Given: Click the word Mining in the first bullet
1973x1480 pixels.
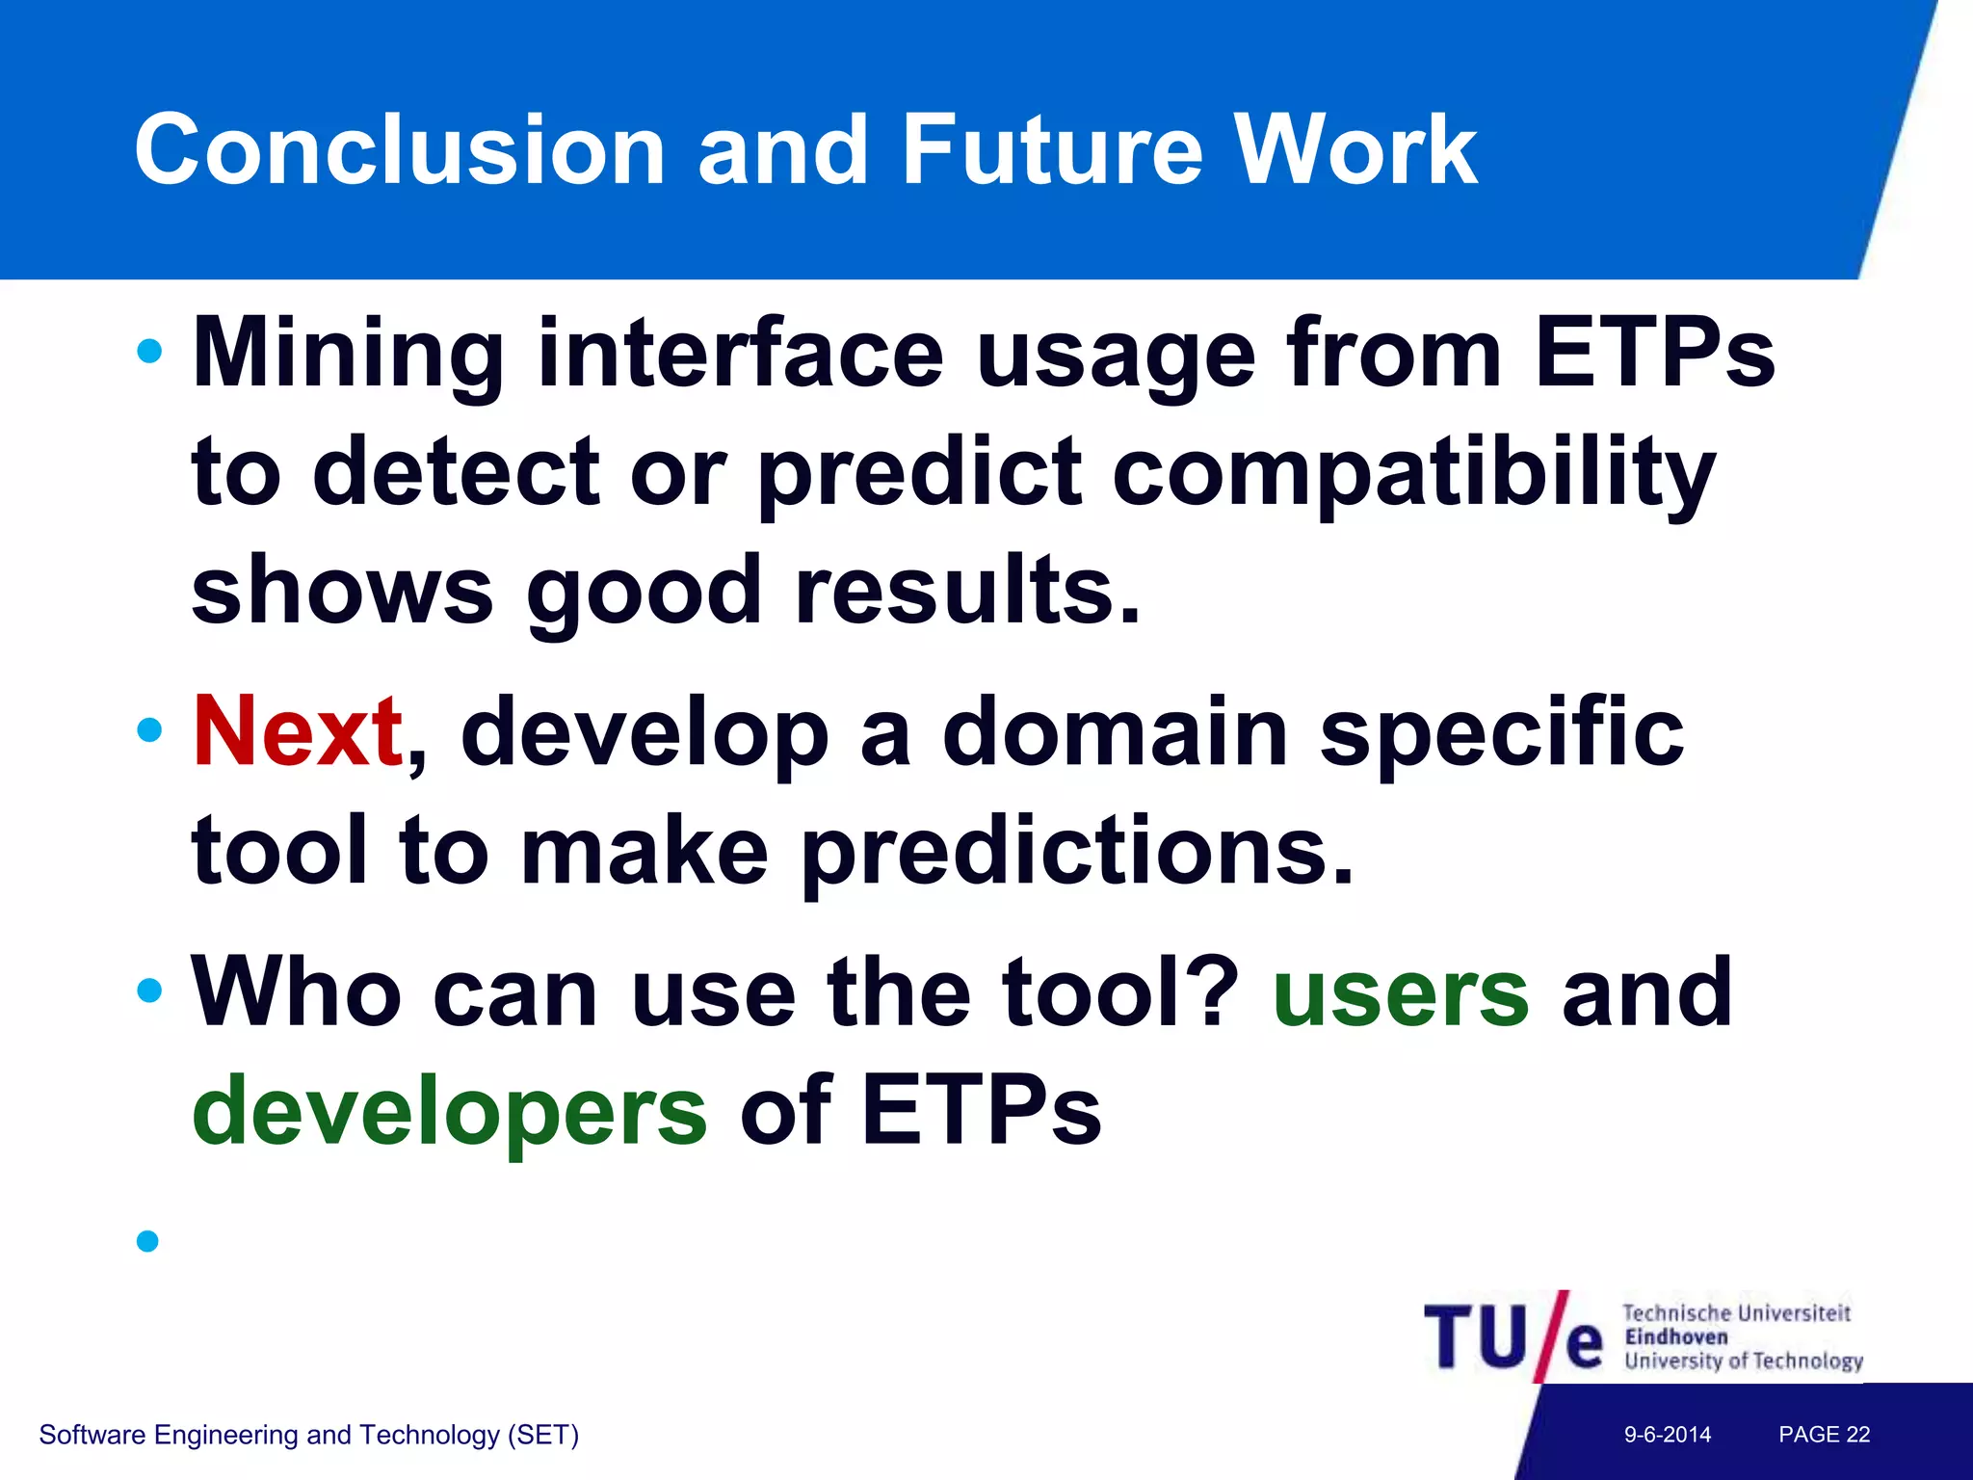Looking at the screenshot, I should (x=348, y=355).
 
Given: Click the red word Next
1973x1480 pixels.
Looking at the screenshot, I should (x=298, y=732).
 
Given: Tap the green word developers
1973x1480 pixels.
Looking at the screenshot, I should (x=450, y=1111).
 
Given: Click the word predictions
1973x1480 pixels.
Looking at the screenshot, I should (x=1077, y=851).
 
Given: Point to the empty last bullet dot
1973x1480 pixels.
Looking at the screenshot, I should (x=147, y=1240).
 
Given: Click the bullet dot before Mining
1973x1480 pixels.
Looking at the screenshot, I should (x=149, y=351).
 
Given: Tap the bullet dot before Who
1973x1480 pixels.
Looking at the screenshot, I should (x=149, y=990).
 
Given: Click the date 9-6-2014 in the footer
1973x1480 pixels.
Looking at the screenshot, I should (x=1668, y=1435).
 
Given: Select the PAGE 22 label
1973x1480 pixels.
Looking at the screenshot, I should (x=1824, y=1435).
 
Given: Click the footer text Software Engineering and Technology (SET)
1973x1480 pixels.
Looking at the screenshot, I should (x=308, y=1435).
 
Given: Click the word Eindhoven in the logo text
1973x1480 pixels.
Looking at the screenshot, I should (x=1676, y=1337).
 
